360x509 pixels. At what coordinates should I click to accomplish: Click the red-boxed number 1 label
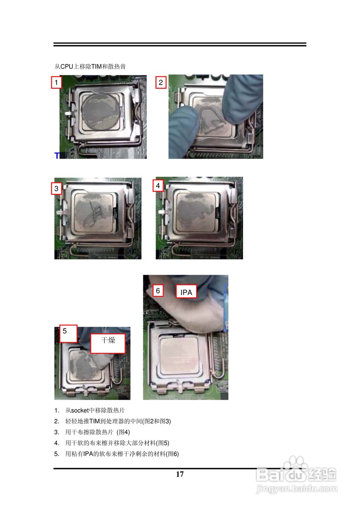pyautogui.click(x=56, y=82)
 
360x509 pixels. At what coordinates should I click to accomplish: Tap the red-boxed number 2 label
pyautogui.click(x=161, y=82)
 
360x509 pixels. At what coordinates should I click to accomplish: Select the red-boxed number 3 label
pyautogui.click(x=56, y=188)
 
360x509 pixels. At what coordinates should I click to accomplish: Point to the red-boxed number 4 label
pyautogui.click(x=158, y=186)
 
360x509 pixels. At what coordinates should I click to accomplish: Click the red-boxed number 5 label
pyautogui.click(x=68, y=334)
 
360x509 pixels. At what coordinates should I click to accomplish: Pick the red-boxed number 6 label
pyautogui.click(x=158, y=291)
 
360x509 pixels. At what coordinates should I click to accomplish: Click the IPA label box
pyautogui.click(x=186, y=291)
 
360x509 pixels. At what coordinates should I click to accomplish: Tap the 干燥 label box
pyautogui.click(x=108, y=343)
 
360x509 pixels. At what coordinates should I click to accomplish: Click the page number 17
pyautogui.click(x=180, y=474)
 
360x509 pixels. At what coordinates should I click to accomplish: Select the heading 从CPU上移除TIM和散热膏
pyautogui.click(x=90, y=66)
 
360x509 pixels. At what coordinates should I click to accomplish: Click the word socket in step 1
pyautogui.click(x=80, y=410)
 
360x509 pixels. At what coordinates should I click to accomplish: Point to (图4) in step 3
pyautogui.click(x=123, y=432)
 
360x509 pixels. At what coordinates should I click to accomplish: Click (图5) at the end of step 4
pyautogui.click(x=163, y=443)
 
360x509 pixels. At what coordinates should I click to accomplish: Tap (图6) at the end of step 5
pyautogui.click(x=172, y=454)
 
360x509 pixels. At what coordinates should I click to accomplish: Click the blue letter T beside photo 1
pyautogui.click(x=57, y=155)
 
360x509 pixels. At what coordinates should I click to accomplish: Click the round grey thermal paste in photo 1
pyautogui.click(x=101, y=112)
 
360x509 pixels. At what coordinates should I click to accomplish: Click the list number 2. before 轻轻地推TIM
pyautogui.click(x=56, y=421)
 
